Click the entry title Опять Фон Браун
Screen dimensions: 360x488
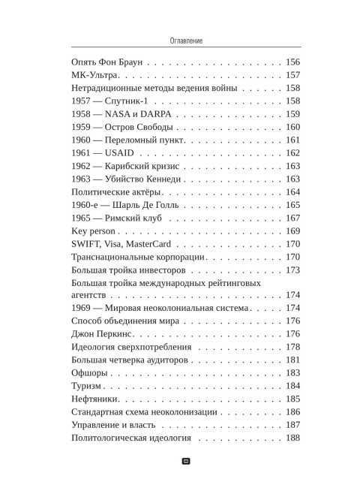pos(105,62)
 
